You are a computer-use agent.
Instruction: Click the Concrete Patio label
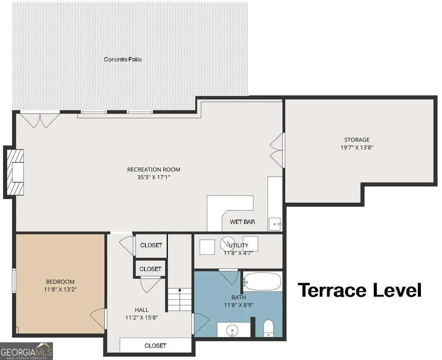122,59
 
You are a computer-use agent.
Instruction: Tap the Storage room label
357,140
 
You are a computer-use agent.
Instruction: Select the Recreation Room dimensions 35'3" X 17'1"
154,177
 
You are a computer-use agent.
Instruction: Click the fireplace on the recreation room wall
14,172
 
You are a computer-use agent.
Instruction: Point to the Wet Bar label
242,222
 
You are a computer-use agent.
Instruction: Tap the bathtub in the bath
262,282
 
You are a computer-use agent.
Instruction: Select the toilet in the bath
268,328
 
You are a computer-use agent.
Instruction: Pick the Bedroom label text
60,282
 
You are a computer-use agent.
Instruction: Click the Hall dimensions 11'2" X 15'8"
141,318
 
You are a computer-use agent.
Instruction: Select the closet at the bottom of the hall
155,345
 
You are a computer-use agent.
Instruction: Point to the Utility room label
238,245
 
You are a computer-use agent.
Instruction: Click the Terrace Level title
360,290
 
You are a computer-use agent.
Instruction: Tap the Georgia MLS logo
26,351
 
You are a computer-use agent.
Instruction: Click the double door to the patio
41,120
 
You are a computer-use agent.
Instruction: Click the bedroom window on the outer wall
13,281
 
